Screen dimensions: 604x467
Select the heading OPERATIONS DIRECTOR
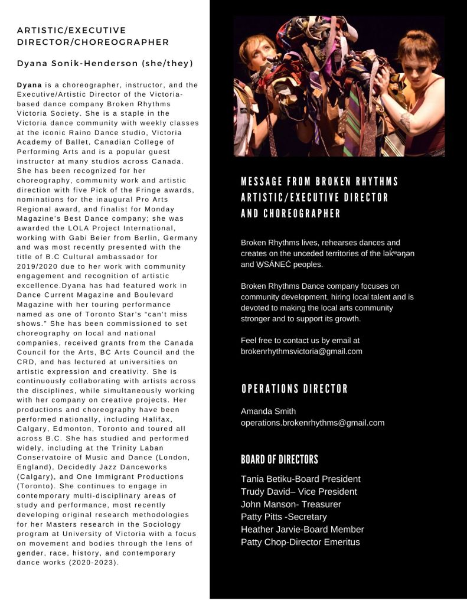click(295, 389)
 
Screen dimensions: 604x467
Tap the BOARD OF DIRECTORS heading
click(279, 460)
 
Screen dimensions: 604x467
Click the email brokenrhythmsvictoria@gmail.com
click(301, 351)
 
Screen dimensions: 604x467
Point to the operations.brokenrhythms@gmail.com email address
click(312, 423)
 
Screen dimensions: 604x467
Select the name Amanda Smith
click(268, 411)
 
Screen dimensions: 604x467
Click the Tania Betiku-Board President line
click(301, 479)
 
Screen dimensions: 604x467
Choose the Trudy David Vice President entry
click(299, 492)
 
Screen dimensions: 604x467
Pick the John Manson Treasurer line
click(290, 504)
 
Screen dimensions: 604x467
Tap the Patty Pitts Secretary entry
click(283, 517)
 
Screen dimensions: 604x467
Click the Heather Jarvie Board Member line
click(302, 530)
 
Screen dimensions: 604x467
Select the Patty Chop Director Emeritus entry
click(300, 542)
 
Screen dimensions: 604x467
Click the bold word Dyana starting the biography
click(30, 85)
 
